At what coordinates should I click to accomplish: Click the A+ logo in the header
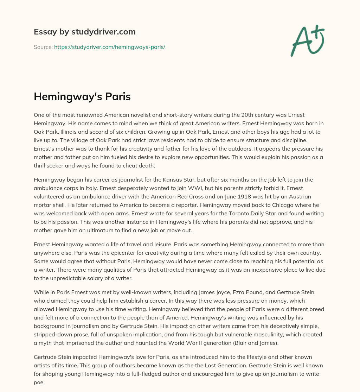coord(307,40)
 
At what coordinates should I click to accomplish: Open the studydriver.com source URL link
coord(109,47)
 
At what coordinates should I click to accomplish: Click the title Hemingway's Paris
coord(82,97)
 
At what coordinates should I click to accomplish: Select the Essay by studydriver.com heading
coord(84,32)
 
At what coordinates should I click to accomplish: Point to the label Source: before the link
coord(43,47)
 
